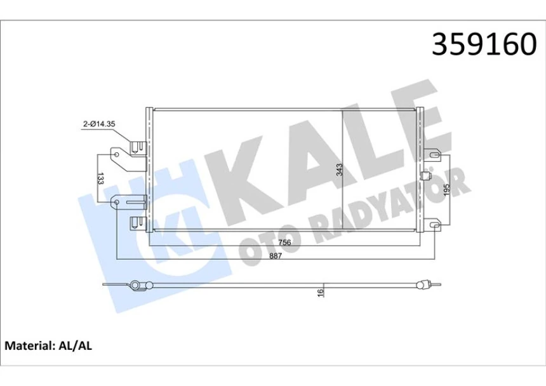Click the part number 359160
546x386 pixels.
pyautogui.click(x=484, y=44)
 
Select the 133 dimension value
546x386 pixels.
pyautogui.click(x=101, y=178)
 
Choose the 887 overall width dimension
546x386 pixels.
pyautogui.click(x=275, y=256)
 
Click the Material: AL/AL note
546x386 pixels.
pyautogui.click(x=49, y=346)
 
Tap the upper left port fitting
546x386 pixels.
pyautogui.click(x=136, y=147)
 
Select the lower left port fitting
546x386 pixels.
pyautogui.click(x=136, y=222)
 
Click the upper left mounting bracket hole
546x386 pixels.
pyautogui.click(x=116, y=152)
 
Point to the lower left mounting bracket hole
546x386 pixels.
pyautogui.click(x=116, y=203)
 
